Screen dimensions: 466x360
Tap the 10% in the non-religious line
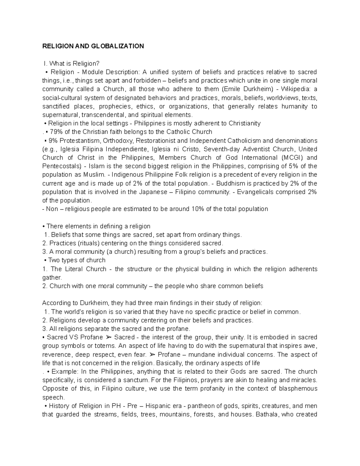click(x=196, y=209)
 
